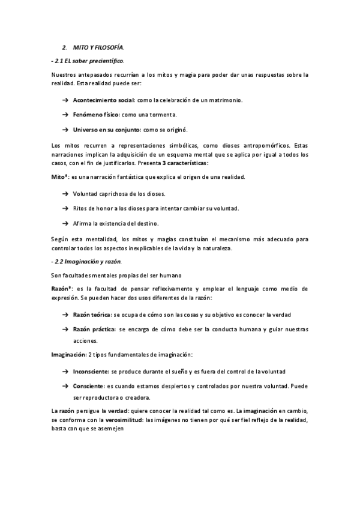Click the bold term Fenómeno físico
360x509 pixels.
[x=97, y=114]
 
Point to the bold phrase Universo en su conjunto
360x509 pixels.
[x=106, y=129]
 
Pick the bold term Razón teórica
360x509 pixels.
[x=92, y=315]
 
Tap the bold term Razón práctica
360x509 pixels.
[x=94, y=330]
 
